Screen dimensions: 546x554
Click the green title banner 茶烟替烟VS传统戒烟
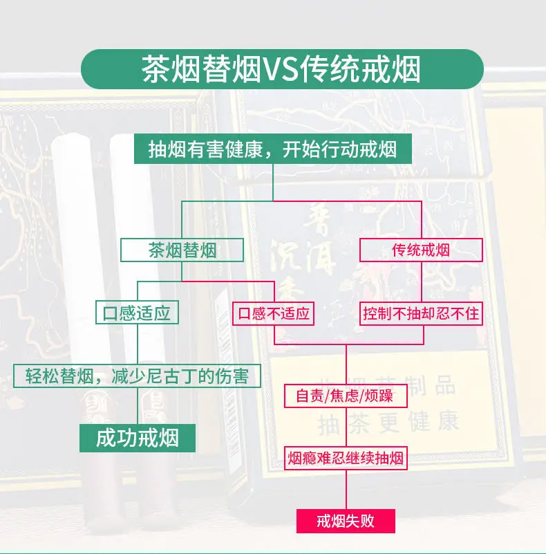tap(281, 70)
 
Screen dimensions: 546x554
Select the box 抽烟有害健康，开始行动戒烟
tap(273, 149)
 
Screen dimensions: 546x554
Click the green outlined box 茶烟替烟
tap(182, 250)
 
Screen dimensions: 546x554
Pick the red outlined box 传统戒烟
tap(421, 250)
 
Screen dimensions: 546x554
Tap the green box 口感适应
tap(136, 313)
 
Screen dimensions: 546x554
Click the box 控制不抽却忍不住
tap(421, 314)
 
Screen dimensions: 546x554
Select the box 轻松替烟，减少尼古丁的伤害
tap(137, 376)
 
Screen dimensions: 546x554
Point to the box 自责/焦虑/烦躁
tap(345, 397)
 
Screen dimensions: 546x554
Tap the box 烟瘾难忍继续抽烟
tap(345, 457)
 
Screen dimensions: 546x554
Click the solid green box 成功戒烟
tap(137, 438)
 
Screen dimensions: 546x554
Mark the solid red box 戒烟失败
tap(345, 520)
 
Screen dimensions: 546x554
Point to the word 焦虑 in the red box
tap(345, 397)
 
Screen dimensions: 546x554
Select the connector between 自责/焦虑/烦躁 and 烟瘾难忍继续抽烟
tap(345, 427)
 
